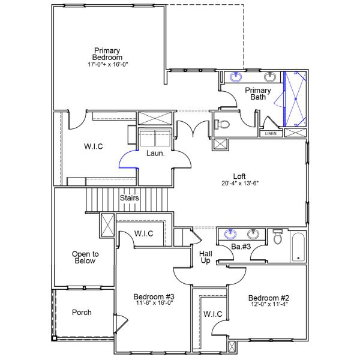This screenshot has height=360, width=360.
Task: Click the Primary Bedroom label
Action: tap(107, 53)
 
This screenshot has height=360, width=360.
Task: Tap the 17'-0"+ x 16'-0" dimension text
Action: tap(107, 64)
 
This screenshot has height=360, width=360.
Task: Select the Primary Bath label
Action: tap(258, 94)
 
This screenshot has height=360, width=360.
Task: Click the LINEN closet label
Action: tap(271, 133)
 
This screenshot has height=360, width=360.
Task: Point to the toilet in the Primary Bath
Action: tap(222, 125)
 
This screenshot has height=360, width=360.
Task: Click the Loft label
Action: tap(239, 176)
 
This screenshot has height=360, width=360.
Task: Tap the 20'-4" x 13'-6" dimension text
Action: tap(239, 185)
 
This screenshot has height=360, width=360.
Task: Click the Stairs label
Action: tap(130, 197)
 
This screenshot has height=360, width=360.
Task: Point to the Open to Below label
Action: tap(85, 257)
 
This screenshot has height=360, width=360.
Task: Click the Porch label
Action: tap(82, 313)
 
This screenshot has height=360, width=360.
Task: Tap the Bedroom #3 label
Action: tap(154, 297)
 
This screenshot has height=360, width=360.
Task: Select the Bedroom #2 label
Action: tap(269, 298)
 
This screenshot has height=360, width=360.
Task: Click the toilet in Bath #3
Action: tap(277, 238)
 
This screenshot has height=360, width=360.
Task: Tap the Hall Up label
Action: tap(205, 258)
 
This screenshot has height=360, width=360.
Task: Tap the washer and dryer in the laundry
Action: tap(155, 138)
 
